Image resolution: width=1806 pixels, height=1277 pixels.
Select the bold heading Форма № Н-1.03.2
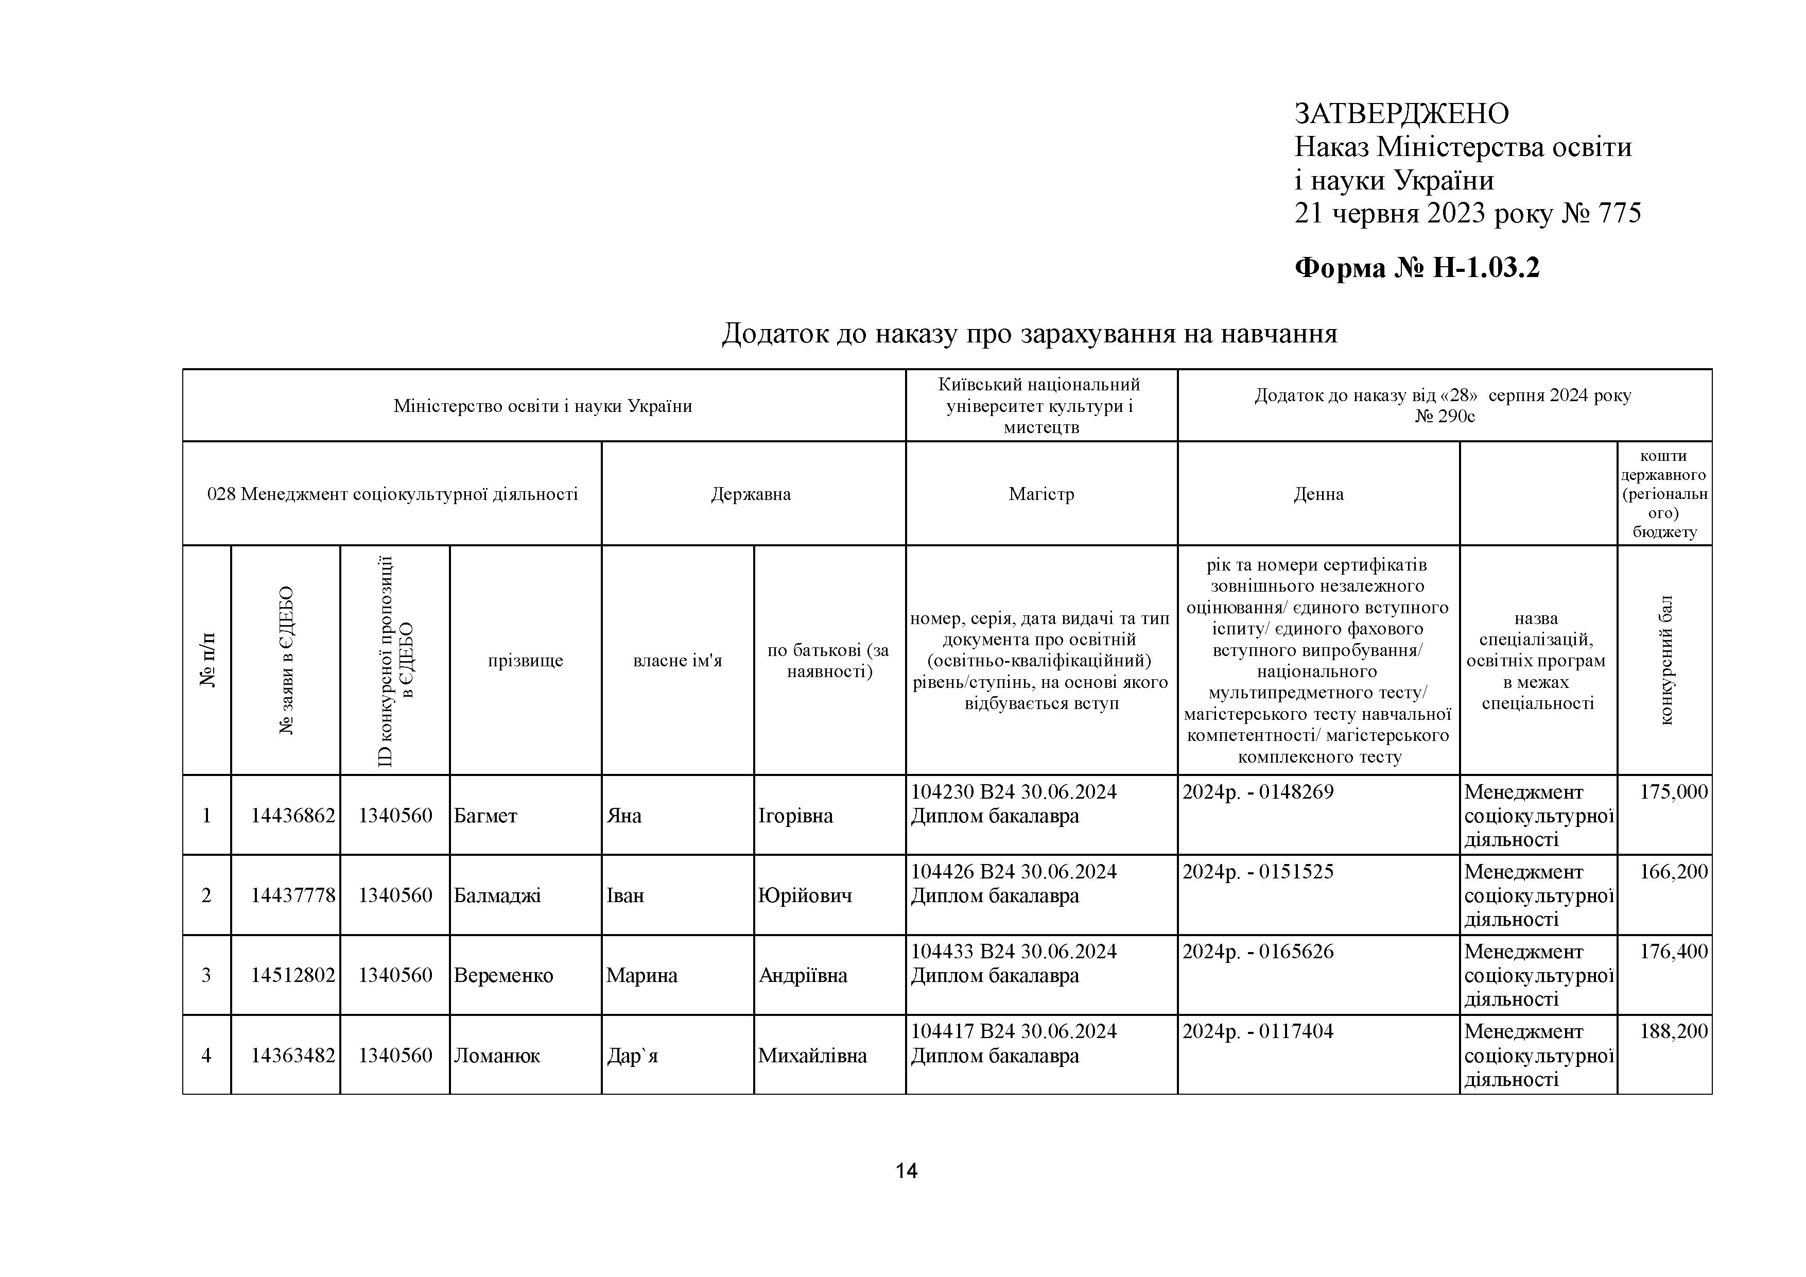click(x=1417, y=268)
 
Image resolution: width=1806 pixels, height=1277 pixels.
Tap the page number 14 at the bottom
click(x=906, y=1171)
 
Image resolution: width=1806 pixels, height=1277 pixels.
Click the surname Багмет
click(x=485, y=816)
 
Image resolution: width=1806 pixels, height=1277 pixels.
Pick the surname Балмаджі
click(x=497, y=895)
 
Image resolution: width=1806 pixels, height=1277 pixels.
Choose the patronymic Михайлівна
click(x=812, y=1056)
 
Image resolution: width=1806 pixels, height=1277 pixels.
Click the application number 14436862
click(x=292, y=816)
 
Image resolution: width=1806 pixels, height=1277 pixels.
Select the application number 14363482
click(x=292, y=1056)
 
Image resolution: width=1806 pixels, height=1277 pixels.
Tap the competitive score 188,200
click(x=1673, y=1031)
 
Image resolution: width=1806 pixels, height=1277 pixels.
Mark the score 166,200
click(x=1673, y=872)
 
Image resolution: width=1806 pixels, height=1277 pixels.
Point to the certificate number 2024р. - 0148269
click(x=1258, y=792)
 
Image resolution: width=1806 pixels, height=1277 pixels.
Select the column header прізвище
click(x=526, y=660)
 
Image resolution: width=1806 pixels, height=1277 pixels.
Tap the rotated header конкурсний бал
click(x=1665, y=660)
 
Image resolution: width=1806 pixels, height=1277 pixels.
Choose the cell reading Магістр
click(x=1041, y=494)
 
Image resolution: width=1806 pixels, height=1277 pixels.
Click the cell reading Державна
click(x=751, y=494)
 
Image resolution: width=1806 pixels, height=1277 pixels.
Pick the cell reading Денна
click(x=1318, y=494)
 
